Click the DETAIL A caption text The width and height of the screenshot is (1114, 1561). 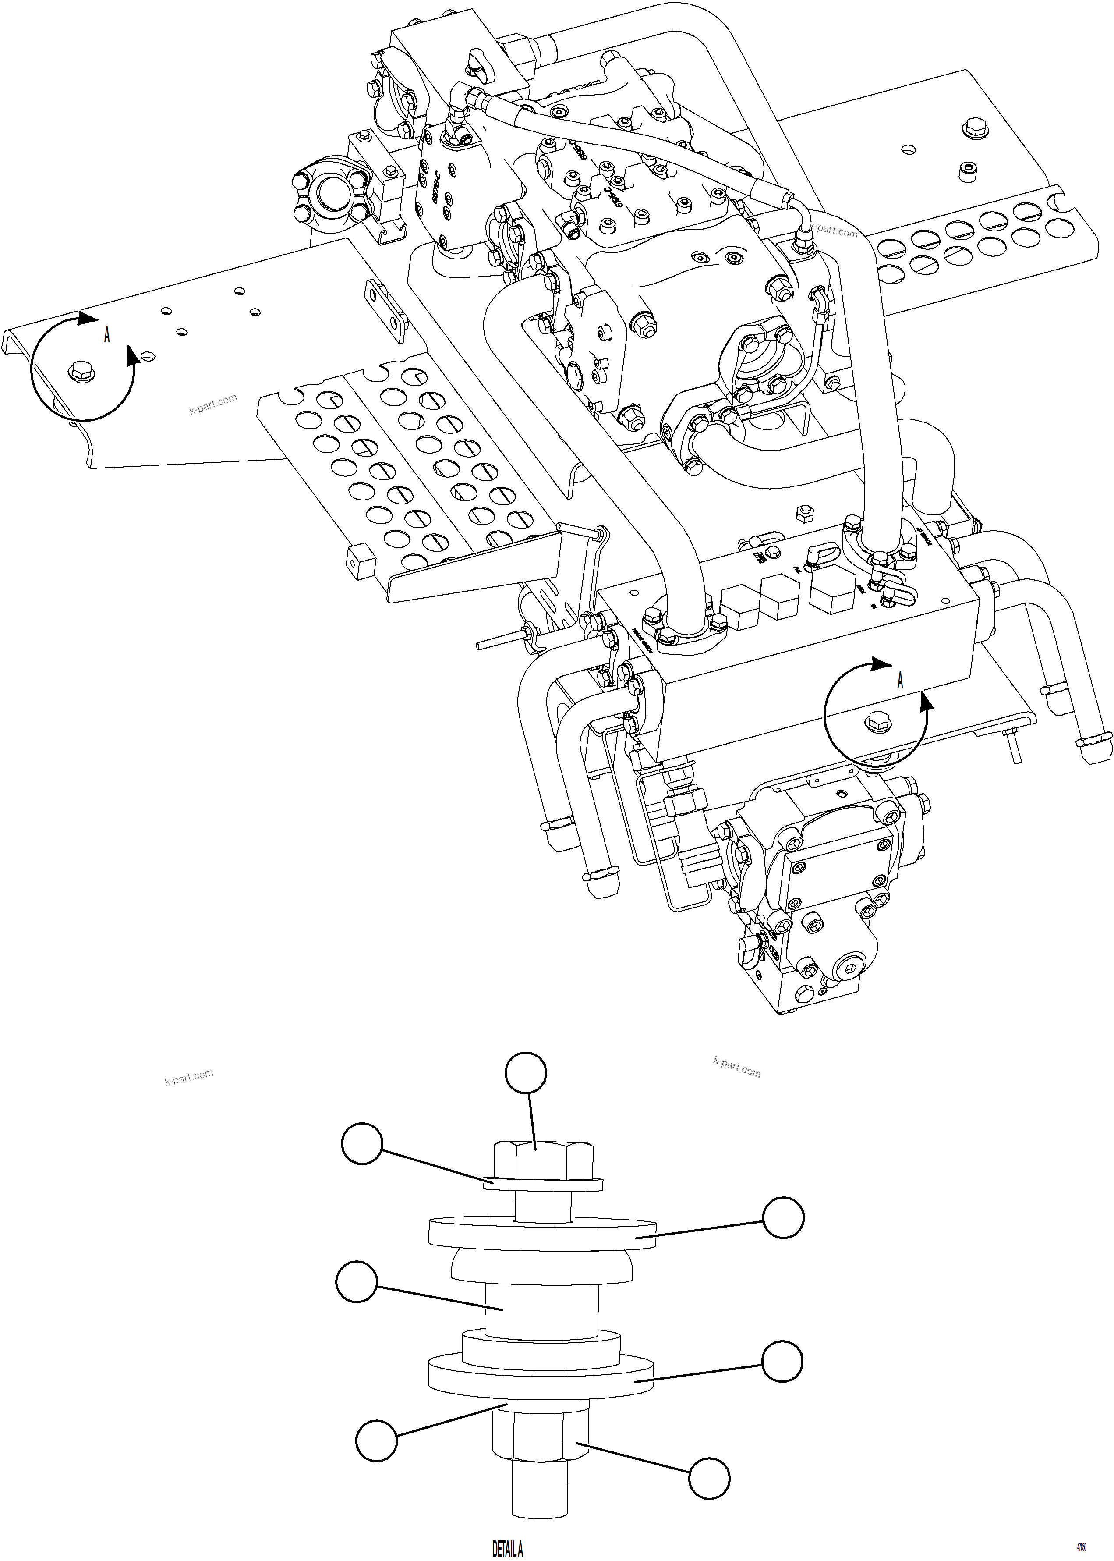pos(508,1549)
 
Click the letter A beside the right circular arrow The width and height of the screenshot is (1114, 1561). pos(900,680)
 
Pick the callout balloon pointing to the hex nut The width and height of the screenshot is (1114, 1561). pos(709,1477)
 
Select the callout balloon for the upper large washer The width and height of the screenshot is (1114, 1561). pos(783,1218)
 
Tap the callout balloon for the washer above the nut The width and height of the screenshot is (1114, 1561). pos(376,1441)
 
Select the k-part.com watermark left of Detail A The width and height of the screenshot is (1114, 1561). pos(189,1077)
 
